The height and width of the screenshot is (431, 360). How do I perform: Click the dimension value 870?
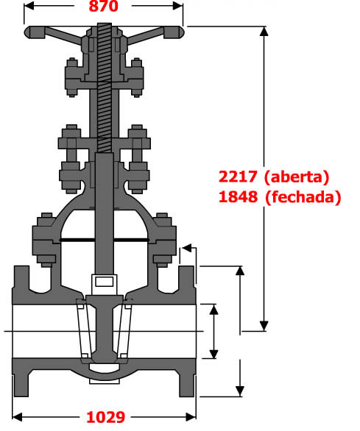[x=103, y=6]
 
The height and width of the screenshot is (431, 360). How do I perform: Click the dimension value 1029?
[x=106, y=417]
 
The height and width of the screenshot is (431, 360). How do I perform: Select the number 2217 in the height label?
[x=238, y=177]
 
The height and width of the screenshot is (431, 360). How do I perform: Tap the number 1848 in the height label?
[x=238, y=197]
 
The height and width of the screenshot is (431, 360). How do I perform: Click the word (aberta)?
[x=297, y=177]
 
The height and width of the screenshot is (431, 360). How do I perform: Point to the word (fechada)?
[x=303, y=197]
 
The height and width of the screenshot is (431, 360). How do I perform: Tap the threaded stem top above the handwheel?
[x=105, y=26]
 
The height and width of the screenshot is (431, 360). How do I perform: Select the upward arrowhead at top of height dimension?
[x=264, y=32]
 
